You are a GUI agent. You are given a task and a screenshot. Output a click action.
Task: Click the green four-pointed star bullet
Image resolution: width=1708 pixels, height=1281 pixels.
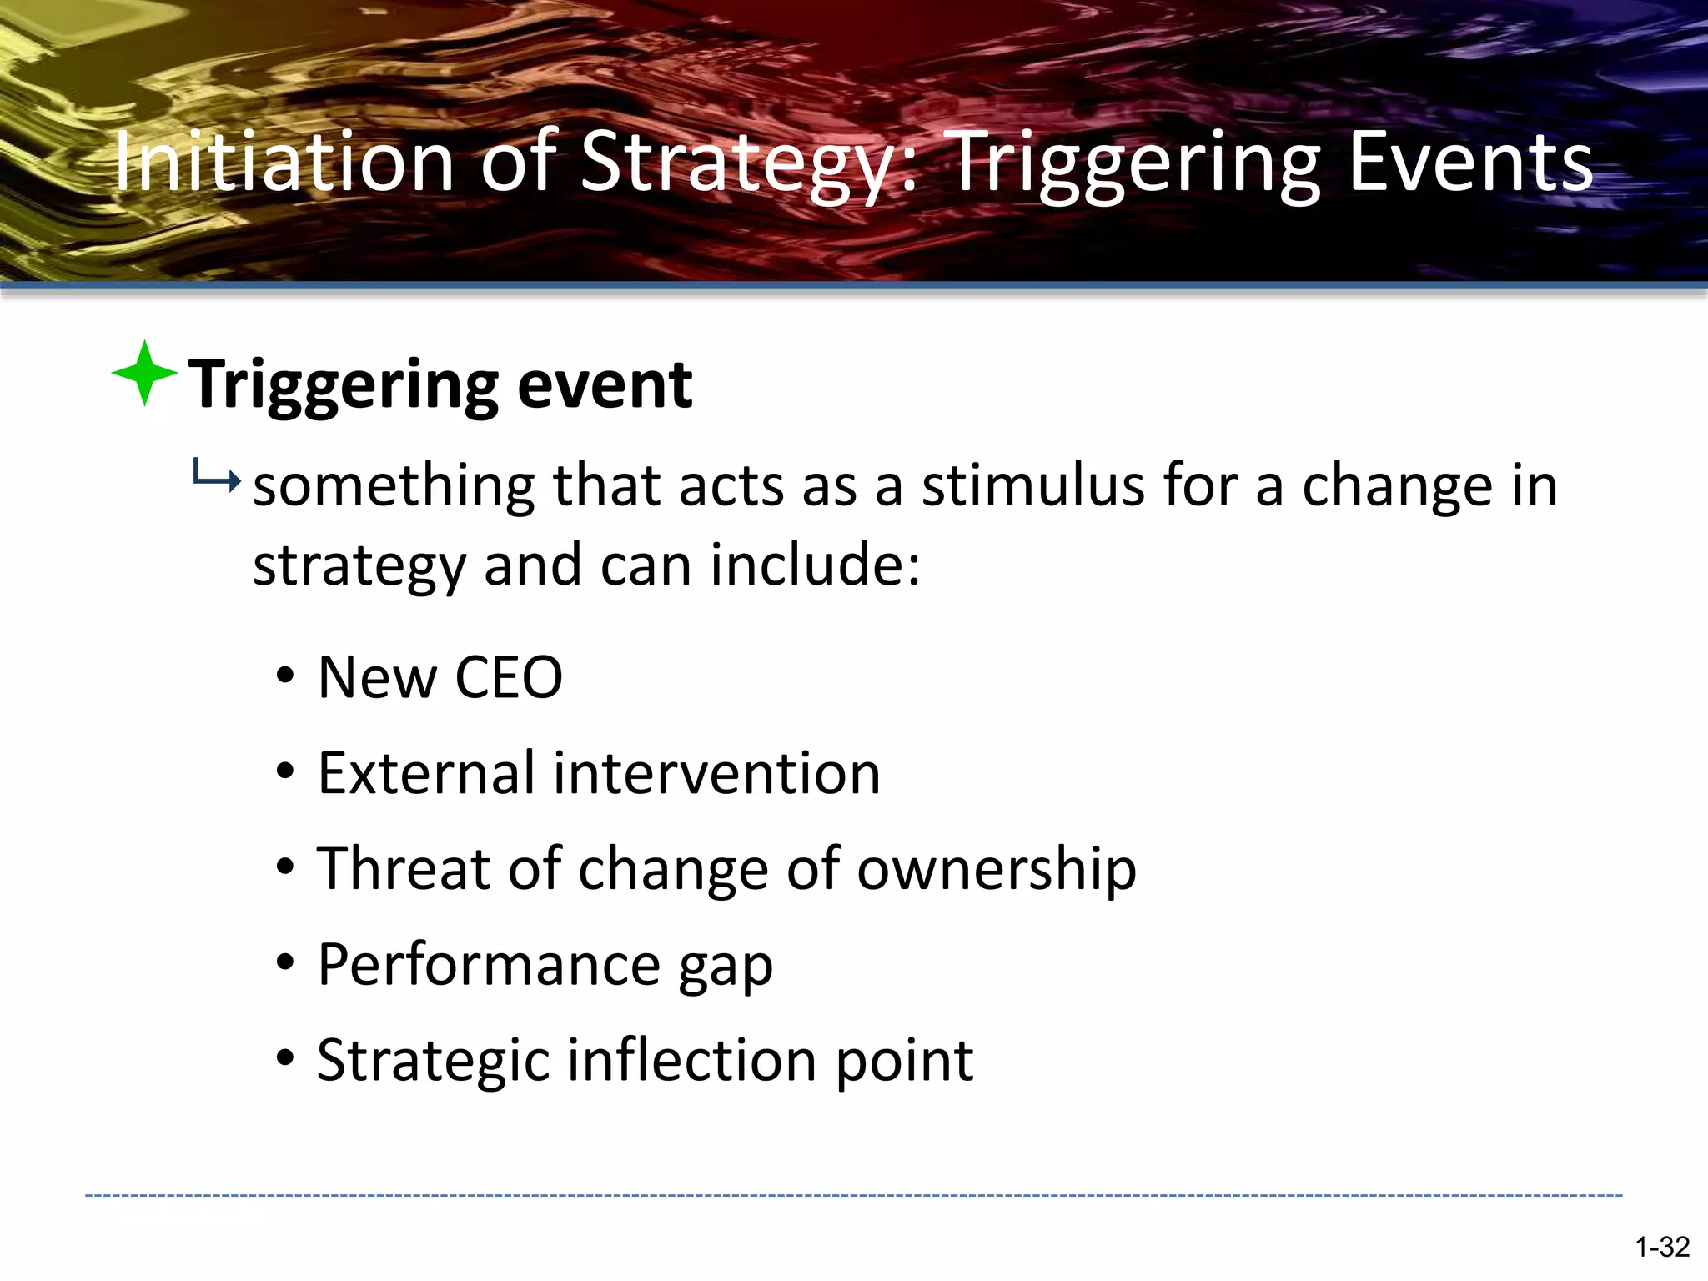coord(144,373)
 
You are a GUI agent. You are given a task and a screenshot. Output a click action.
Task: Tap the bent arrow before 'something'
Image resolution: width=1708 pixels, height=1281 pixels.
coord(216,476)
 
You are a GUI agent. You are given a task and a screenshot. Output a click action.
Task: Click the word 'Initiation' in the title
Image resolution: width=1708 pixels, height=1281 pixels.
coord(283,162)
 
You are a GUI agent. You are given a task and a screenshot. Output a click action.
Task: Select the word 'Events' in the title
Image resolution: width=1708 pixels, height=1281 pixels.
coord(1470,162)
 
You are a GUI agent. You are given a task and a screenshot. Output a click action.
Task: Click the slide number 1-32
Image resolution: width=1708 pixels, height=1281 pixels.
coord(1661,1247)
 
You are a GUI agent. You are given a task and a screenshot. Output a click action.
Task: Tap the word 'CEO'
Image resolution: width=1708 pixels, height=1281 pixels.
coord(509,677)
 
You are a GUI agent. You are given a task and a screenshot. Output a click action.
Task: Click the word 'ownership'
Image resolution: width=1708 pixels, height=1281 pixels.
coord(997,870)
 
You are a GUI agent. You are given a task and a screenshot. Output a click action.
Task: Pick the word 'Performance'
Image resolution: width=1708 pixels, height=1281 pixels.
coord(490,965)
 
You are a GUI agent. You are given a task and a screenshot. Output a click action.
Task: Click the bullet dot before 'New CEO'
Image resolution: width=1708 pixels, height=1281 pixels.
coord(285,676)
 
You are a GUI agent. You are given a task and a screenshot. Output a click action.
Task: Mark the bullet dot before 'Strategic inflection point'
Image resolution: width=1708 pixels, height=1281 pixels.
coord(285,1058)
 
